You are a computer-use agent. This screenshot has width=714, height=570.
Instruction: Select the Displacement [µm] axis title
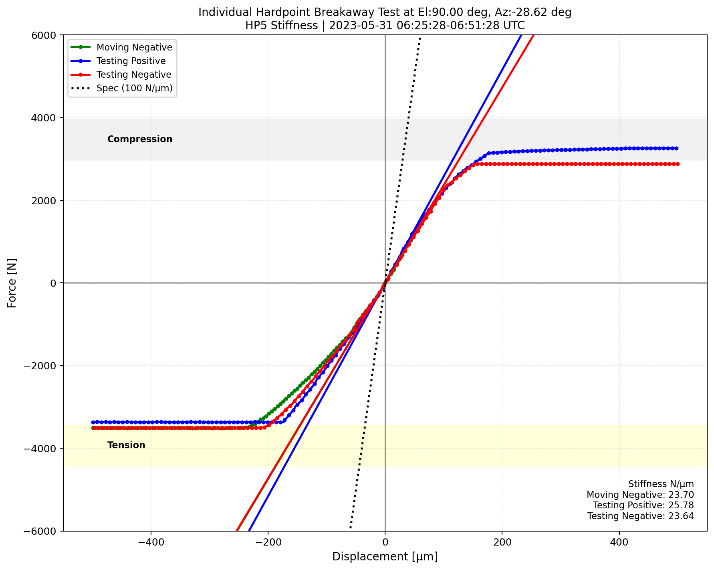click(385, 557)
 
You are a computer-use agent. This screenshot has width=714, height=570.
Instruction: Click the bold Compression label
click(140, 139)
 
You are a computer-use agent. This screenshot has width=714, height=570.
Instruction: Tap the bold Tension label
click(126, 445)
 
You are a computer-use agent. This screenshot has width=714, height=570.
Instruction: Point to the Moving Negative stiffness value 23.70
click(682, 495)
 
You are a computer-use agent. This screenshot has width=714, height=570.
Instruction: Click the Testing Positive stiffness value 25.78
click(682, 505)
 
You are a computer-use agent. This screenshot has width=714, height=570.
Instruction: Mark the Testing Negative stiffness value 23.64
click(682, 516)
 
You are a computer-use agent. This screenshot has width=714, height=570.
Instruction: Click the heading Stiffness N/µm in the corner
click(661, 484)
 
